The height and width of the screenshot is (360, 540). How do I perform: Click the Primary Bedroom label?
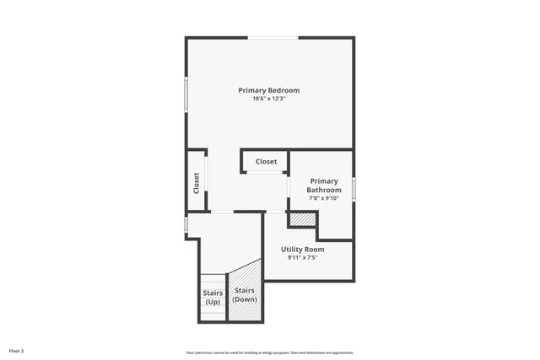click(x=268, y=90)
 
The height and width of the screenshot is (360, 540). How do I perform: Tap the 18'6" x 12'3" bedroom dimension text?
click(x=268, y=99)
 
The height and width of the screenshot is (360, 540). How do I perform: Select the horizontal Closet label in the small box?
click(x=267, y=161)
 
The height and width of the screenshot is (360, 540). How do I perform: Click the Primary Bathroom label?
click(x=324, y=185)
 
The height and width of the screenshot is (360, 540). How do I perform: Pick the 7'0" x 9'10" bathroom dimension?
click(x=324, y=199)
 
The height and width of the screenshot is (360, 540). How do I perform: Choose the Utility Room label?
click(x=302, y=249)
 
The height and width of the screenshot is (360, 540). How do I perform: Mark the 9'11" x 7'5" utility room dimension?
click(x=302, y=258)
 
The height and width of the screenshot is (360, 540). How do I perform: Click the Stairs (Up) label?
click(x=213, y=297)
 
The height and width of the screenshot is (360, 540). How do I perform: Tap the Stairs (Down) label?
click(x=245, y=294)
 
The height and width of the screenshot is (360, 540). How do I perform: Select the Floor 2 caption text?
click(x=17, y=350)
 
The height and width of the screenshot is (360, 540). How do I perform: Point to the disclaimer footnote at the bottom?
click(x=269, y=352)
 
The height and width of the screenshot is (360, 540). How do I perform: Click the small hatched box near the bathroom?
click(x=302, y=219)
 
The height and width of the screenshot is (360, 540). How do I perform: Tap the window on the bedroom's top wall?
click(x=273, y=37)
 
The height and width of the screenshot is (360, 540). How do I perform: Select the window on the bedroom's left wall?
click(x=186, y=93)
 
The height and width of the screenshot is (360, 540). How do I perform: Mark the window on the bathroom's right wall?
click(x=354, y=189)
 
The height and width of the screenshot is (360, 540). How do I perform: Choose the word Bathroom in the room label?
click(x=324, y=191)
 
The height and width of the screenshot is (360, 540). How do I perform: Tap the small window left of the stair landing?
click(x=186, y=225)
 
